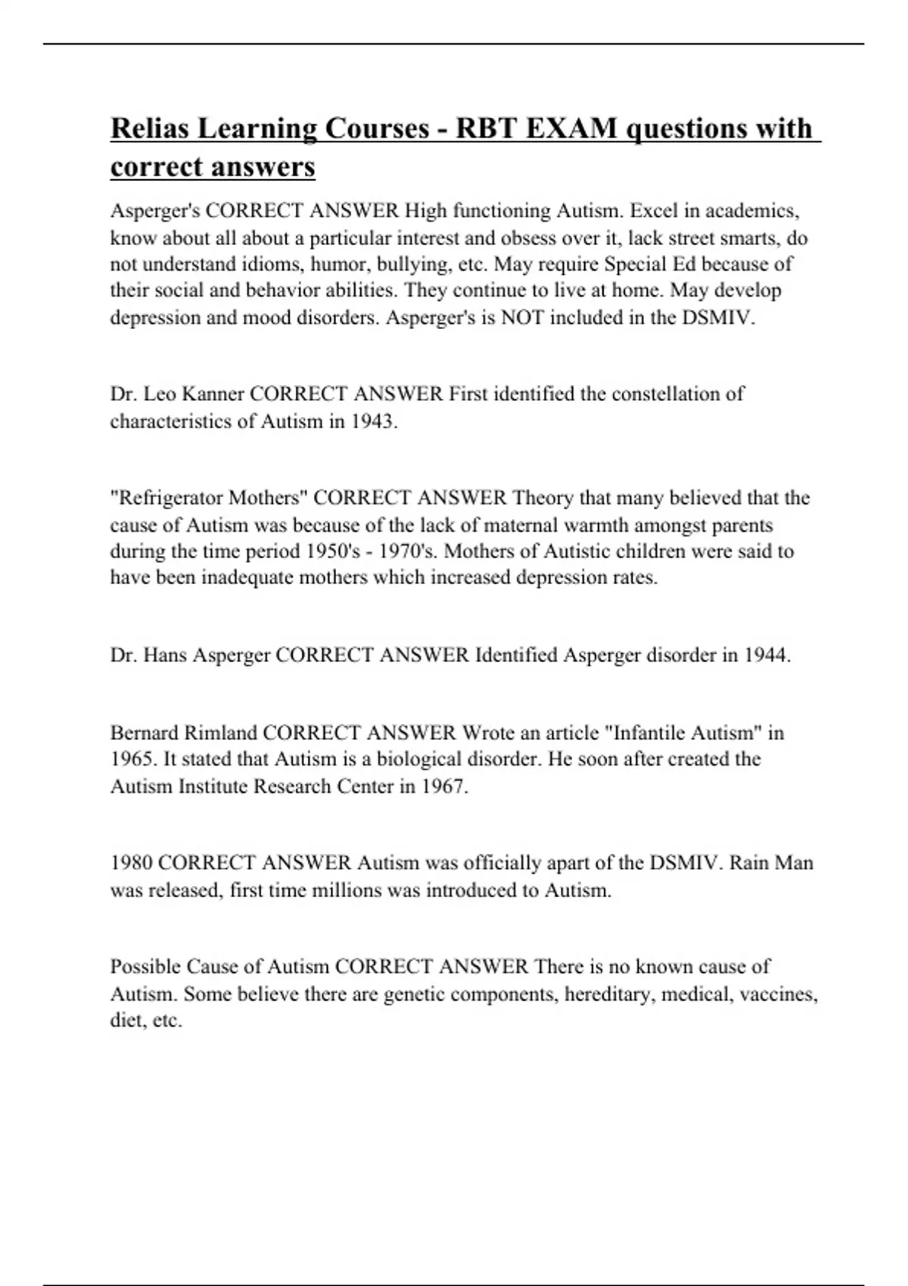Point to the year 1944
pos(766,655)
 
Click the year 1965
pos(134,759)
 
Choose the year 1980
pos(132,862)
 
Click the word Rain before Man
pos(752,862)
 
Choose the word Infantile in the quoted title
pos(648,732)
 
